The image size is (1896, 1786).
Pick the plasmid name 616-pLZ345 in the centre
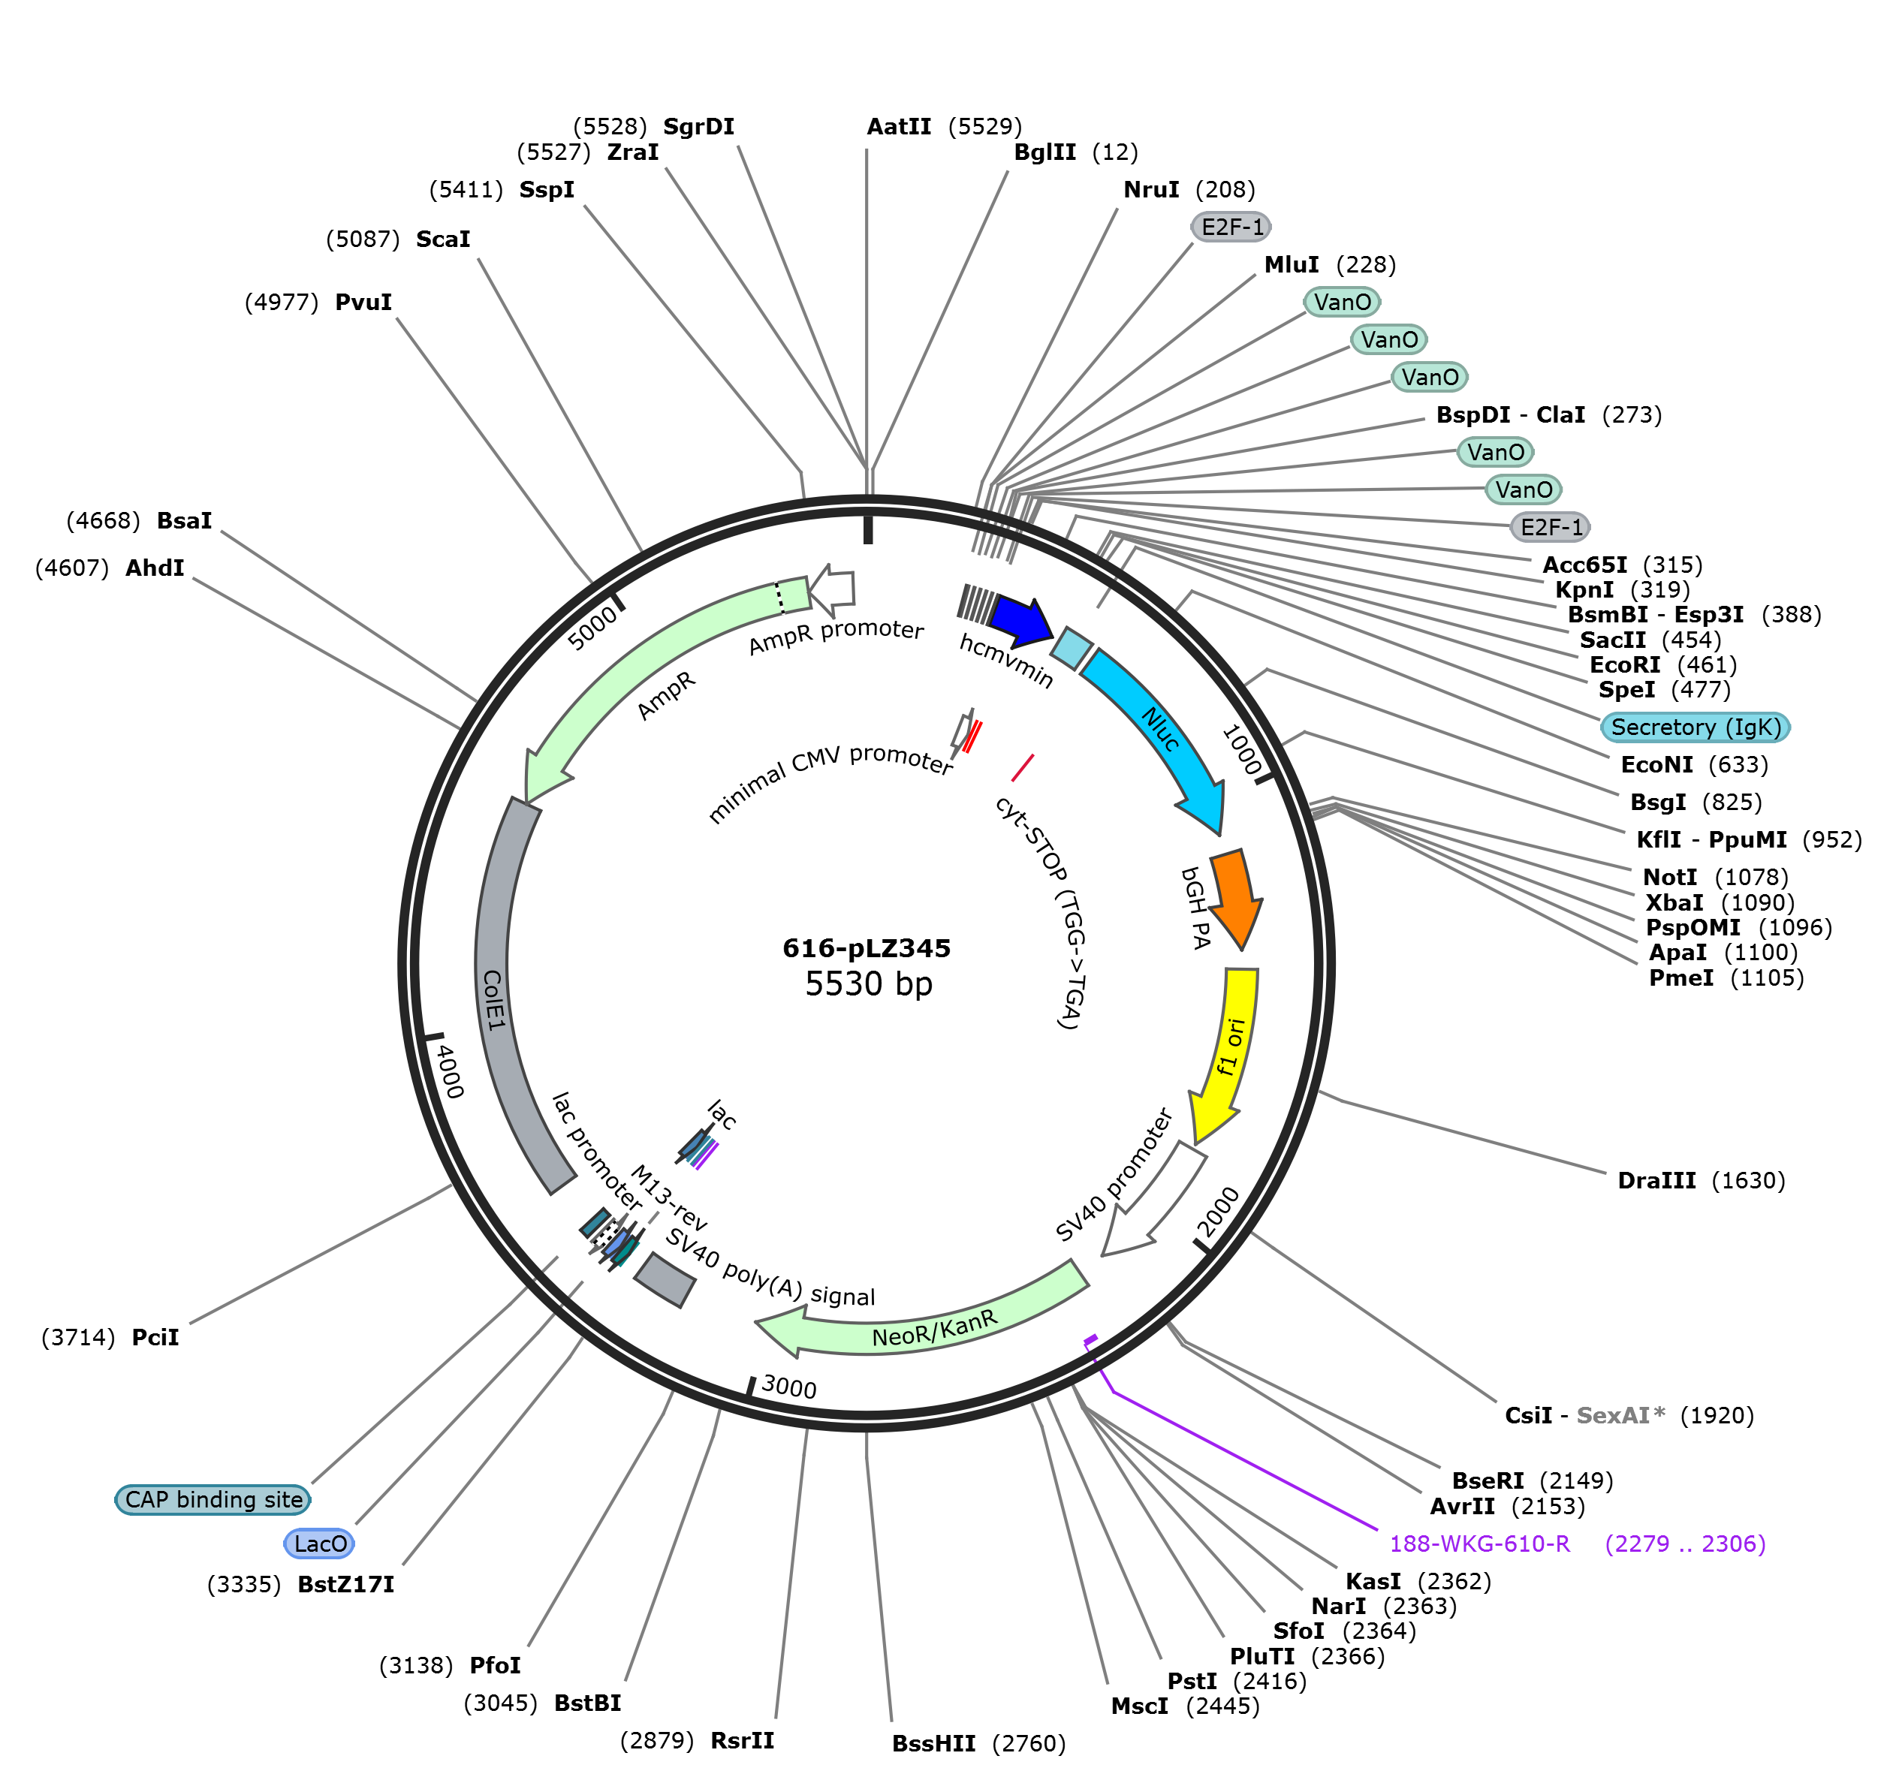(x=866, y=948)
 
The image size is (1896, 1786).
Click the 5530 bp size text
(x=868, y=983)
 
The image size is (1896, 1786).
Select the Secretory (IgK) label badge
(x=1696, y=727)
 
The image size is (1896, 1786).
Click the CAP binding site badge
(x=213, y=1500)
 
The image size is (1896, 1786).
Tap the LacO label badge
(x=319, y=1544)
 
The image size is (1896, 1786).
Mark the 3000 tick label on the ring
(x=788, y=1387)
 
